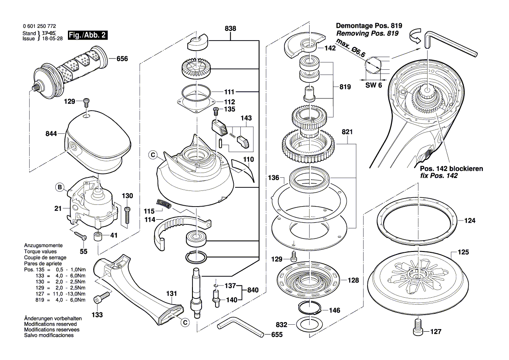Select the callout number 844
(x=51, y=134)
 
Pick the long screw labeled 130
(x=128, y=216)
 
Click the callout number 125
(x=463, y=252)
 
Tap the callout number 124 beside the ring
(x=469, y=221)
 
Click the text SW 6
(x=373, y=85)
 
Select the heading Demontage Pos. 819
(x=369, y=26)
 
